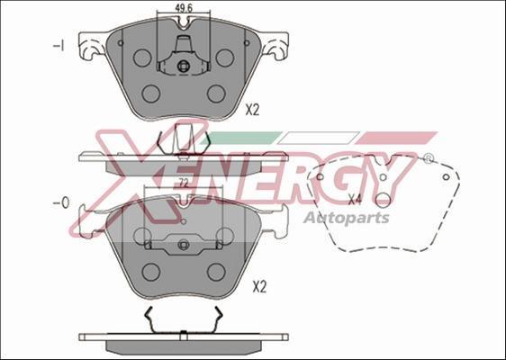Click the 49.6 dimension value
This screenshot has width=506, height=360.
tap(184, 8)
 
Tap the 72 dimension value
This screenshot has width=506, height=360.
tap(184, 184)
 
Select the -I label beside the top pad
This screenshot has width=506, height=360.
tap(59, 46)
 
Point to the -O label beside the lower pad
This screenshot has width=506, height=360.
tap(61, 202)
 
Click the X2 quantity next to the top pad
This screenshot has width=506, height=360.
tap(252, 111)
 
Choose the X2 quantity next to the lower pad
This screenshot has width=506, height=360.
tap(259, 287)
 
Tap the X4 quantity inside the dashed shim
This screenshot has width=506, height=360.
tap(355, 201)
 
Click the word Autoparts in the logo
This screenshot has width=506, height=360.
tap(347, 218)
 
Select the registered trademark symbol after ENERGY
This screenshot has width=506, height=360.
tap(428, 158)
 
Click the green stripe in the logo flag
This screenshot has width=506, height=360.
tap(241, 138)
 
